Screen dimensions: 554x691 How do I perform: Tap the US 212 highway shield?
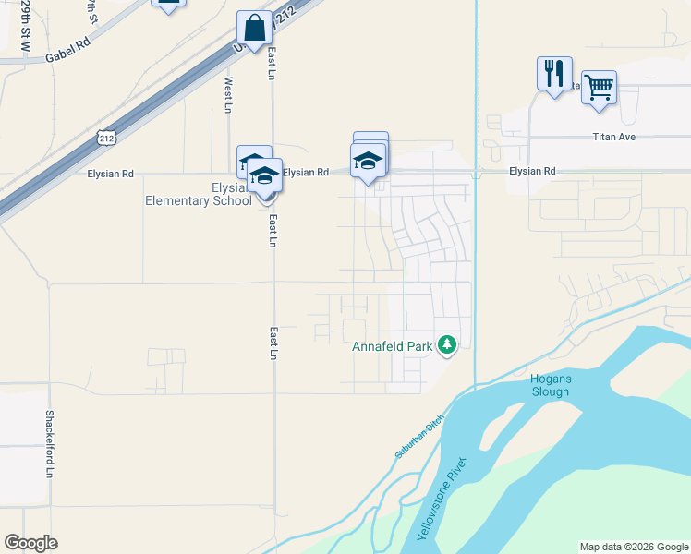pos(105,138)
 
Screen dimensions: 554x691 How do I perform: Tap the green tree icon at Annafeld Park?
pos(448,345)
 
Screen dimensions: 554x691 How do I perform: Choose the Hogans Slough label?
pos(550,385)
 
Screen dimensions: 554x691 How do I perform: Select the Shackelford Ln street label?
pos(50,444)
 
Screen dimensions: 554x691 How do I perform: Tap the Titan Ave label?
pos(614,137)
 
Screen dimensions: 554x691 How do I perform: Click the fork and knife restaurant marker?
pos(554,74)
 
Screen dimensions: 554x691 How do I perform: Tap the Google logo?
pos(30,543)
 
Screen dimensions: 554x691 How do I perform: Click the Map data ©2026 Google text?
pos(634,547)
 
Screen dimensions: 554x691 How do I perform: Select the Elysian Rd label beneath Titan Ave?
pos(532,171)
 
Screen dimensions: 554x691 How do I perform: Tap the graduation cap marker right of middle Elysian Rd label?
pos(369,161)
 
